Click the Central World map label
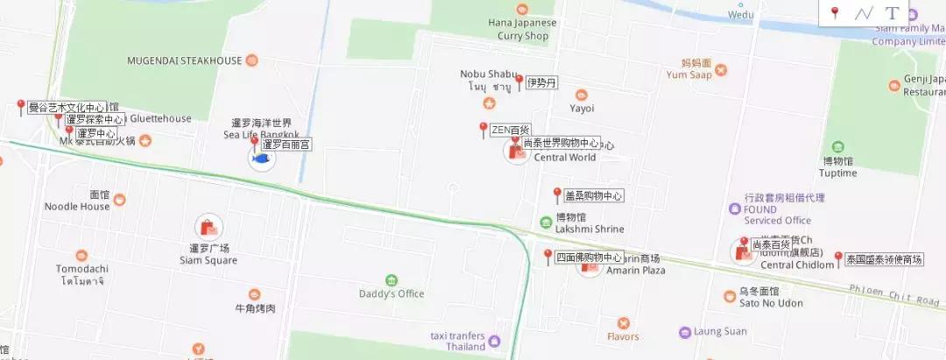[565, 158]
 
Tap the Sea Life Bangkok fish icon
[260, 159]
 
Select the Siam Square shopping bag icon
[208, 228]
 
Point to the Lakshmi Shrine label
[589, 229]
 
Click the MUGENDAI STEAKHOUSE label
[184, 60]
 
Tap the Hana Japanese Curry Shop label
[523, 29]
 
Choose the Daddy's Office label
[391, 293]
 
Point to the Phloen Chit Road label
[906, 300]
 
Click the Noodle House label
[77, 207]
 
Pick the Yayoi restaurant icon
[582, 95]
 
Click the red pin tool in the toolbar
[835, 13]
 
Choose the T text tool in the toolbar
[892, 13]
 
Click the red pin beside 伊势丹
[519, 82]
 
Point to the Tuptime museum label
[838, 173]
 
